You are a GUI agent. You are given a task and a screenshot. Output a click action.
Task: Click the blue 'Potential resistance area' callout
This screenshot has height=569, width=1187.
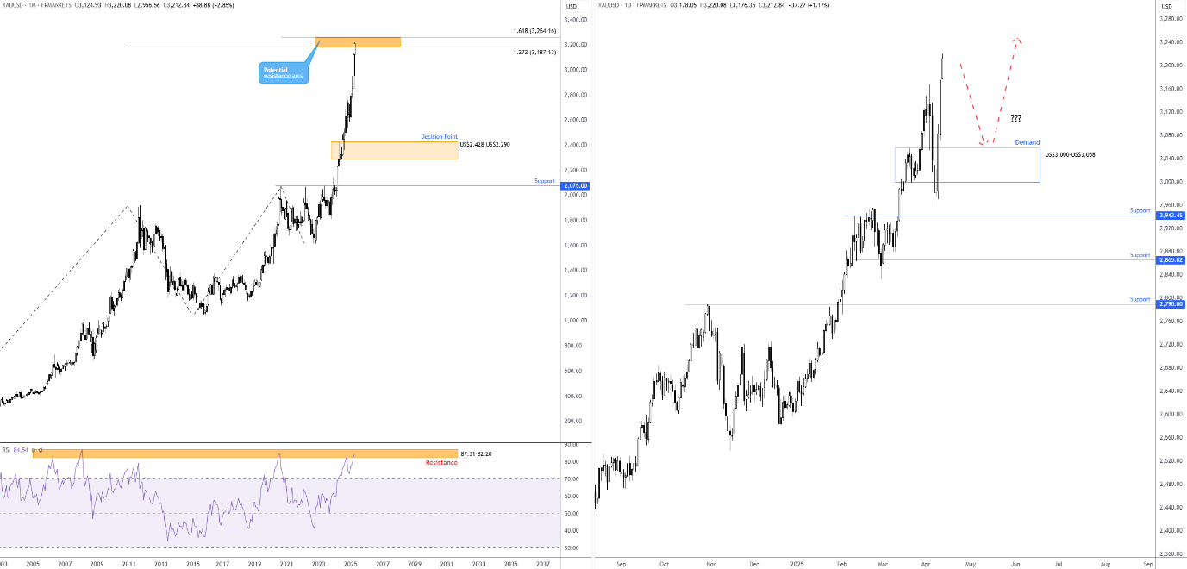tap(283, 72)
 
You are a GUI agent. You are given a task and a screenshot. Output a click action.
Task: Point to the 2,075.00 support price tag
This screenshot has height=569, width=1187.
tap(574, 185)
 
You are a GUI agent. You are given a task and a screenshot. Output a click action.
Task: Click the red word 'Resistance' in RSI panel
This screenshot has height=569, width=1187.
tap(441, 463)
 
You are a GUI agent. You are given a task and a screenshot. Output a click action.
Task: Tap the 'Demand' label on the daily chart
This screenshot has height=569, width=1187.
tap(1027, 142)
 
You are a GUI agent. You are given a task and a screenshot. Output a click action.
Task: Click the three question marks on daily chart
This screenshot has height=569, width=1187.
tap(1015, 118)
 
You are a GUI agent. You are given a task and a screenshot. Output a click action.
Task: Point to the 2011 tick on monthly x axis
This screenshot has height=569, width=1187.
tap(128, 564)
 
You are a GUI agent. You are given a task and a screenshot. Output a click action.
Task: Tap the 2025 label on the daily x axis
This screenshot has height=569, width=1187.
tap(798, 564)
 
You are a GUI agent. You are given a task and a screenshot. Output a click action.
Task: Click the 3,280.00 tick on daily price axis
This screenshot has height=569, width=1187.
tap(1170, 19)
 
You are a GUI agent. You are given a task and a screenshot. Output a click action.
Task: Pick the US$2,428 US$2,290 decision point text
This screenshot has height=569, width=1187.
tap(486, 144)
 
